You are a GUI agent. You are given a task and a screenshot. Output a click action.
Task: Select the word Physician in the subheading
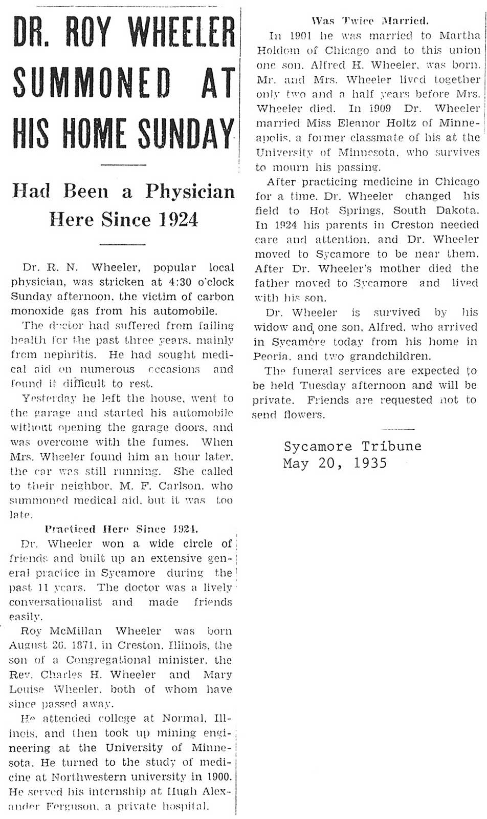[x=190, y=192]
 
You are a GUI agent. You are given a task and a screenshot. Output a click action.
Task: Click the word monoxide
[x=34, y=311]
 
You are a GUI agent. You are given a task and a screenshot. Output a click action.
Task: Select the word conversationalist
[x=55, y=602]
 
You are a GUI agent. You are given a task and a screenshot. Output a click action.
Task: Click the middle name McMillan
[x=75, y=631]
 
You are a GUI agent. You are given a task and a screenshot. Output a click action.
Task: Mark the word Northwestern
[x=92, y=777]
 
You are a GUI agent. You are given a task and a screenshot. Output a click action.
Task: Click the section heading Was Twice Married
[x=370, y=21]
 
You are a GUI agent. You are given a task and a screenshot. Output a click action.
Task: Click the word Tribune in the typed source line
[x=391, y=446]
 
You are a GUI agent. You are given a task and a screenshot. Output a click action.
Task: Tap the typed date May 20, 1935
[x=335, y=464]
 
